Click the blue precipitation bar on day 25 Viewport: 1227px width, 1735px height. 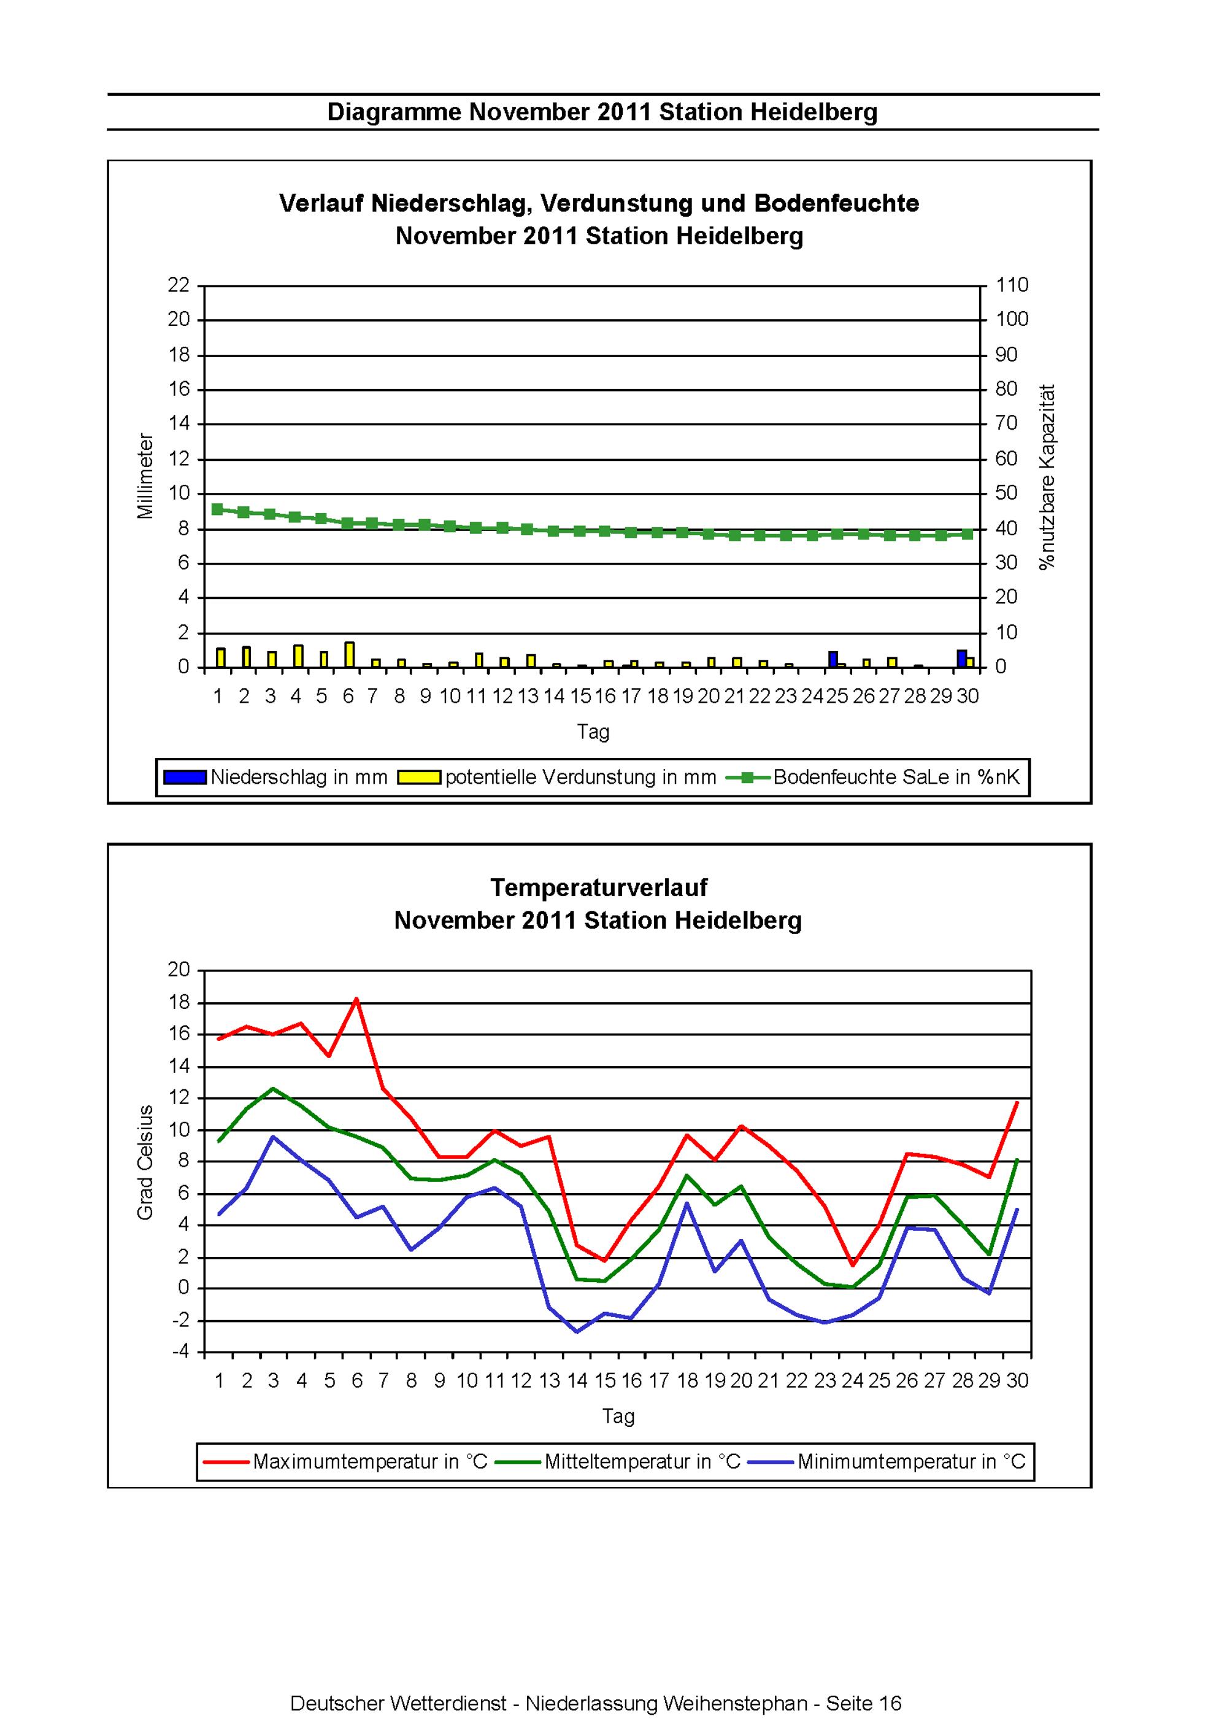click(833, 659)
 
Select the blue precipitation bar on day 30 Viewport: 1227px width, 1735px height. click(962, 658)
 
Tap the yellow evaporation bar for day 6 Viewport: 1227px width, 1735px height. click(349, 654)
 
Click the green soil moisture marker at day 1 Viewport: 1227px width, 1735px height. click(218, 509)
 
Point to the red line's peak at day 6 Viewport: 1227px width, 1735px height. click(356, 999)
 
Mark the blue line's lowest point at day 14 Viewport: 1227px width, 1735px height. click(577, 1332)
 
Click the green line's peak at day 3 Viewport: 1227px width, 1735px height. click(273, 1088)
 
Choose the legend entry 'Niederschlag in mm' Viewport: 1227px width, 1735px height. click(276, 777)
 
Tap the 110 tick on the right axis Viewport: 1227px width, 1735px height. click(1012, 285)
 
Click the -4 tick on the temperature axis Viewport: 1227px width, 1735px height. click(180, 1352)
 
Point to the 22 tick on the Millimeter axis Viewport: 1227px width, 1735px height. click(179, 285)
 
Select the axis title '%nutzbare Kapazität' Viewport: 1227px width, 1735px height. click(1047, 477)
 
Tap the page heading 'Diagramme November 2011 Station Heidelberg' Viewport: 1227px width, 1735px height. click(602, 112)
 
